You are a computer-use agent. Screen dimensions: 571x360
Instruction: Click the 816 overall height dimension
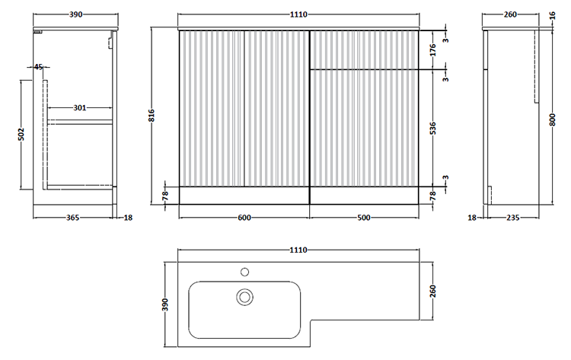point(152,116)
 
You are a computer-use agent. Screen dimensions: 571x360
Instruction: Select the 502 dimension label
point(21,134)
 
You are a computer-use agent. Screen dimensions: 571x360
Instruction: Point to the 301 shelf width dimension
point(80,108)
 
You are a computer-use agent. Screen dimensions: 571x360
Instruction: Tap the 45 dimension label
point(38,67)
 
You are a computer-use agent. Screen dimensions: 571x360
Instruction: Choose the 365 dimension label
point(72,218)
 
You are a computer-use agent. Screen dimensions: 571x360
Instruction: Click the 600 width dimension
point(244,218)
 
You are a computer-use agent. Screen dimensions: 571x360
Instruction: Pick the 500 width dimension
point(364,218)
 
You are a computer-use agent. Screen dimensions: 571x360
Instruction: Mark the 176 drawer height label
point(433,50)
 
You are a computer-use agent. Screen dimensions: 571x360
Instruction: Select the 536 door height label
point(433,128)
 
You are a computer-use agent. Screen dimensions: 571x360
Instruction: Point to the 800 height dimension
point(553,119)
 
